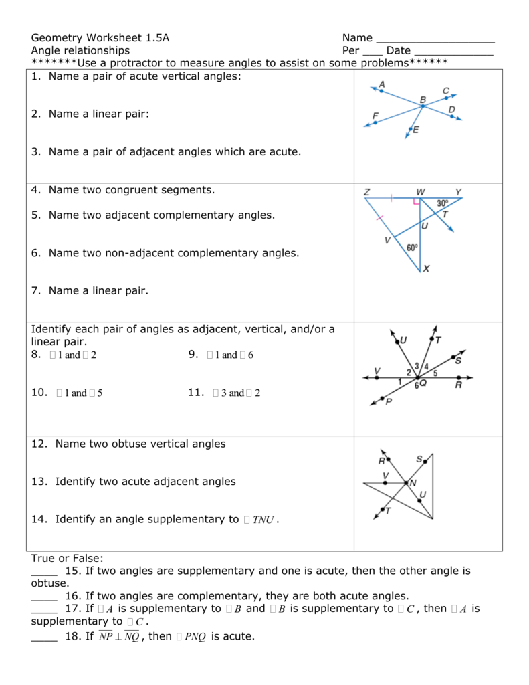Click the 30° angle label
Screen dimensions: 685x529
tap(443, 203)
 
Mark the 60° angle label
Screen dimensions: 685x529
tap(412, 248)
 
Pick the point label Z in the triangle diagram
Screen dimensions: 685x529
tap(366, 192)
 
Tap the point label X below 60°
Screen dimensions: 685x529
tap(426, 268)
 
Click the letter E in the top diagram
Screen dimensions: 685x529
tap(415, 130)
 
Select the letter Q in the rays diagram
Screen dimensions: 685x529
tap(423, 383)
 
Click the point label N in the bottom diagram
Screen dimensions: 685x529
tap(413, 482)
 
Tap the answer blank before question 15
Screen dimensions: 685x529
tap(44, 572)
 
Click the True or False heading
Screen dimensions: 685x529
tap(68, 558)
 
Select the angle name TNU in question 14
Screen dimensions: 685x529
tap(263, 520)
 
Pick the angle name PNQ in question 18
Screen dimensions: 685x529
tap(191, 637)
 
